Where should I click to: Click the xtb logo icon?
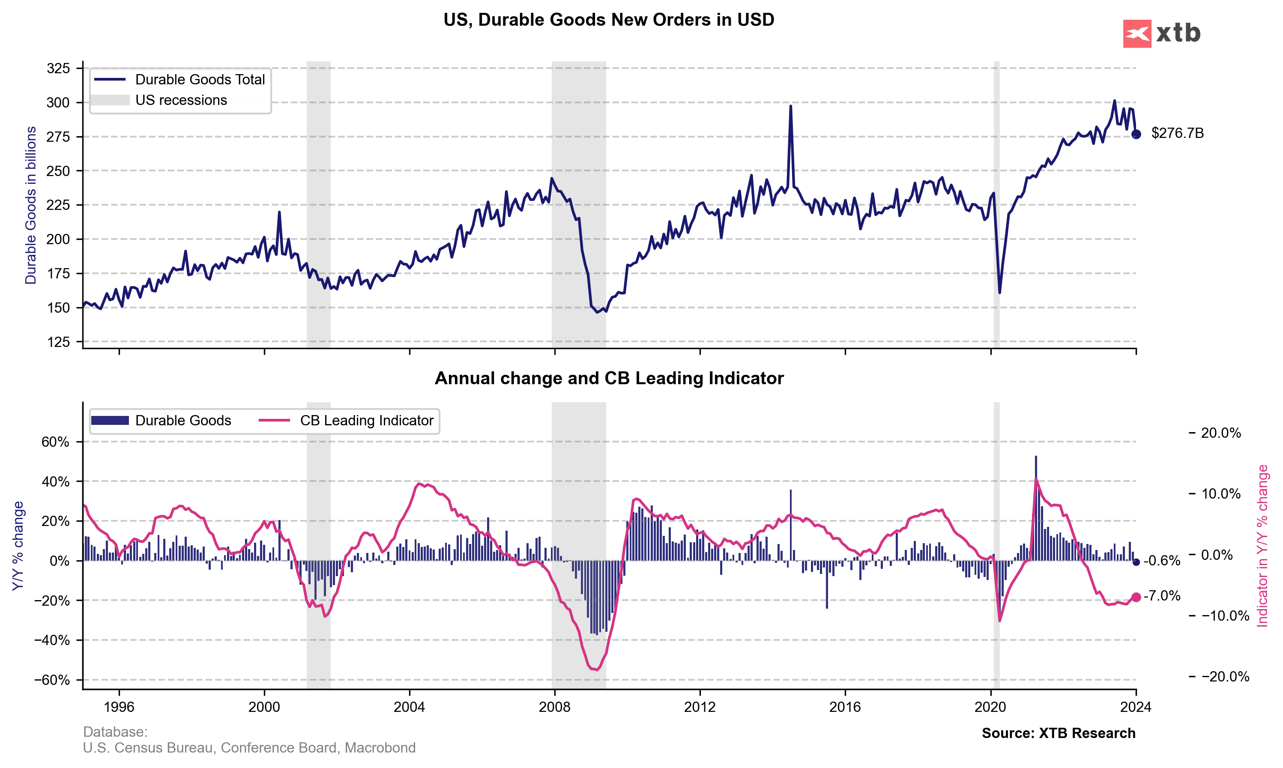tap(1136, 34)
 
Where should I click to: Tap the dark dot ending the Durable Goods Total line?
tap(1136, 134)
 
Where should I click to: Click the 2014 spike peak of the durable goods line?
tap(790, 107)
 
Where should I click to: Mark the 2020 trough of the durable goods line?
tap(999, 293)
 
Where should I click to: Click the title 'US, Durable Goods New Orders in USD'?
tap(609, 20)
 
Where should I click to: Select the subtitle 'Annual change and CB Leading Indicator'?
tap(609, 378)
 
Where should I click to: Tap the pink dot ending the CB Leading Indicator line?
tap(1136, 597)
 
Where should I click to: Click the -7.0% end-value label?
tap(1162, 596)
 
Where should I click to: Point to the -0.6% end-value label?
tap(1162, 561)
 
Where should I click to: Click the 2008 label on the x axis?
tap(554, 707)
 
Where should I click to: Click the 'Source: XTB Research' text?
tap(1059, 733)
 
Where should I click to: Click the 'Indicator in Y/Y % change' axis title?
tap(1263, 546)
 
